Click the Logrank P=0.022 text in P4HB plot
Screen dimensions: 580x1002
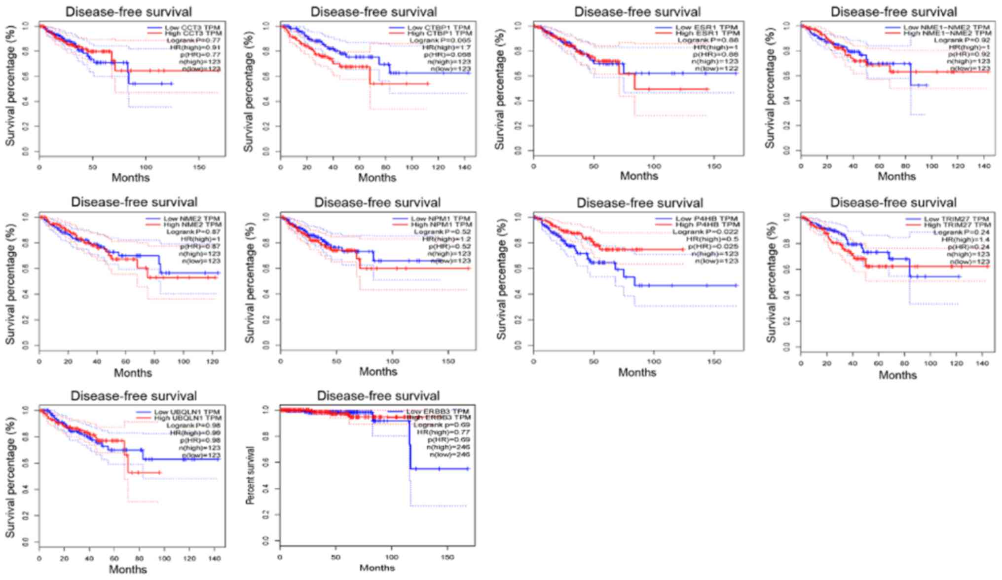pyautogui.click(x=705, y=232)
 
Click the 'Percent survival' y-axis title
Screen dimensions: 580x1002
pyautogui.click(x=250, y=475)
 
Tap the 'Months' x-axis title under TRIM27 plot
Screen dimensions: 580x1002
pyautogui.click(x=897, y=375)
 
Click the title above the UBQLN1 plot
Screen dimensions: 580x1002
pyautogui.click(x=133, y=396)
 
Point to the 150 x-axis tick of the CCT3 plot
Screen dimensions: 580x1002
pyautogui.click(x=199, y=167)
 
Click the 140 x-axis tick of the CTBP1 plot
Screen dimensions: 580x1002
pyautogui.click(x=464, y=167)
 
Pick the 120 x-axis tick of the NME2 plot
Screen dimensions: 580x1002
pyautogui.click(x=212, y=361)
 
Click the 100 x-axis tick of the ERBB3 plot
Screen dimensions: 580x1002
pyautogui.click(x=392, y=557)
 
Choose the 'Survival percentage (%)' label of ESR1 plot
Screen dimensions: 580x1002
pyautogui.click(x=500, y=89)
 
